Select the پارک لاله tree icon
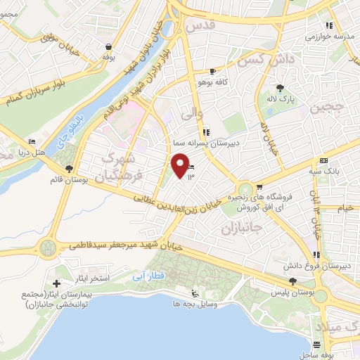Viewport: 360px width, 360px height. (281, 87)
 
